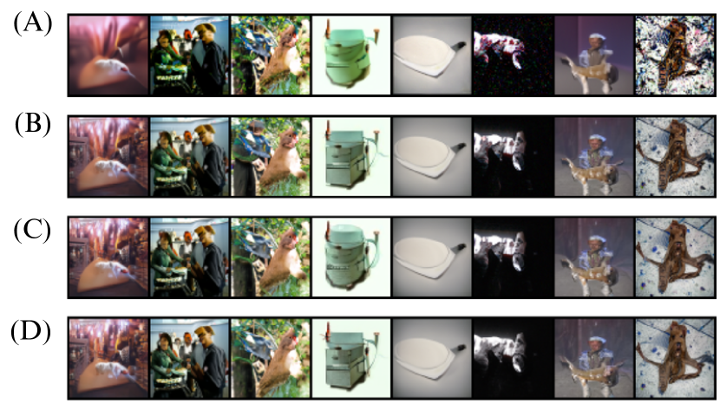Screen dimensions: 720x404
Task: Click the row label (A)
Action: pos(33,23)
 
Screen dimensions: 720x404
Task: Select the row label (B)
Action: pos(33,125)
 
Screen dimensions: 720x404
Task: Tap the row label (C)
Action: pos(32,230)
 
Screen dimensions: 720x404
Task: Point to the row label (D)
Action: pos(30,332)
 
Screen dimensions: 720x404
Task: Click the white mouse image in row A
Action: pos(108,55)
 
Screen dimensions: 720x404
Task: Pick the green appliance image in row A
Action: pos(351,55)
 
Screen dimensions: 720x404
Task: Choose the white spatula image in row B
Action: pos(432,157)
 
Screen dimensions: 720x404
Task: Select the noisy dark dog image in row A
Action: pos(513,55)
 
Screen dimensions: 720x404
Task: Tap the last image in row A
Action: pos(675,55)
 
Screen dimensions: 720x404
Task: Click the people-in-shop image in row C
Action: pos(190,257)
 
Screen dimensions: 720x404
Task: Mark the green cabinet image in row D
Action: pos(351,358)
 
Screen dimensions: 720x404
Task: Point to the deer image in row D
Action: pos(593,358)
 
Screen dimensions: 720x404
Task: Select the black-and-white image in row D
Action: pos(513,358)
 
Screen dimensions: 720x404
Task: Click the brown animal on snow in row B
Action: pos(675,157)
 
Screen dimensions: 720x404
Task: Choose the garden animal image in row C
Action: pos(271,257)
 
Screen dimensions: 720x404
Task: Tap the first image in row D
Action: pos(108,358)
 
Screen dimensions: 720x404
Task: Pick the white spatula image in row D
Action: pos(432,358)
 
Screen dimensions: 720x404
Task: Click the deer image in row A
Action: pos(593,55)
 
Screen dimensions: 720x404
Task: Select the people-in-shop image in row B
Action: pos(190,157)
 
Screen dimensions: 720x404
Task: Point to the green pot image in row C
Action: pos(351,257)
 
